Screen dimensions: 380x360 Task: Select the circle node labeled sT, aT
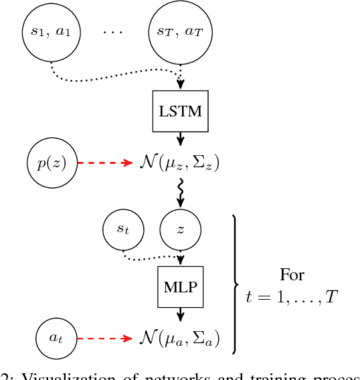179,32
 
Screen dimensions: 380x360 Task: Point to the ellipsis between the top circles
113,32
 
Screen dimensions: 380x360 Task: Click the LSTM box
179,110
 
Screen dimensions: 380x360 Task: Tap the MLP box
179,286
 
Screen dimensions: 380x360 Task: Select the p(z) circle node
52,162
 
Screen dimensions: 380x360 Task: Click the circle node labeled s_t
123,229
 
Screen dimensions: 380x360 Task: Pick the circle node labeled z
180,229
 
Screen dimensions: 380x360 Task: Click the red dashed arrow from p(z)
106,163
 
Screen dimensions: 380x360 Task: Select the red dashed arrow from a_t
106,338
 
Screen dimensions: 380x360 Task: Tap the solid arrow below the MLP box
179,314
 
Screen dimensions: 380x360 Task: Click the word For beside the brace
292,275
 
